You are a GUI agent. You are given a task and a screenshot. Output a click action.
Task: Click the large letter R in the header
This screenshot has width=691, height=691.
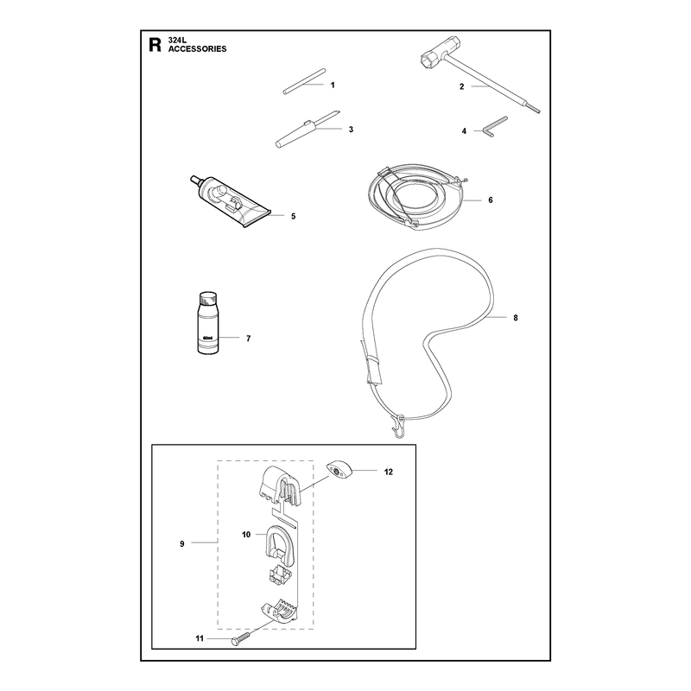[x=155, y=45]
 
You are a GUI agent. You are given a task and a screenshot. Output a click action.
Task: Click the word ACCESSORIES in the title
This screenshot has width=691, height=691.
[x=198, y=49]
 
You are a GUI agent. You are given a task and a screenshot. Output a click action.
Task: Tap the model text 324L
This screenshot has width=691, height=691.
[x=178, y=40]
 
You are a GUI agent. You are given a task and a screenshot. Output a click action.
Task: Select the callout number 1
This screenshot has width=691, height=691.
[x=333, y=85]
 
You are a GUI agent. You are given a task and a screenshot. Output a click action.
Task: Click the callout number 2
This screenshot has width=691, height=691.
[x=462, y=86]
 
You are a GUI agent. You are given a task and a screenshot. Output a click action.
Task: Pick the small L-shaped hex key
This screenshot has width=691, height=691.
[x=496, y=126]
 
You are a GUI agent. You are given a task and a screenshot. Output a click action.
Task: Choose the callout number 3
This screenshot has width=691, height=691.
[x=351, y=130]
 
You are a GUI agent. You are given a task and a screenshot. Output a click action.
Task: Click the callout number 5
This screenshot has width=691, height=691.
[x=294, y=217]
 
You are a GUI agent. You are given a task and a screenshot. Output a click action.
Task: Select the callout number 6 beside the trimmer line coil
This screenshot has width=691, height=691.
[x=491, y=200]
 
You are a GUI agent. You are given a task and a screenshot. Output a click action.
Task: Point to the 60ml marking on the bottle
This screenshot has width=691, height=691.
[x=207, y=338]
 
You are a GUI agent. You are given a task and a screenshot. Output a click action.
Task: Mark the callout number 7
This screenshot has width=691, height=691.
[x=249, y=339]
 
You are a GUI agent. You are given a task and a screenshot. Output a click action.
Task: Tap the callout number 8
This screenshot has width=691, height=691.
[x=516, y=318]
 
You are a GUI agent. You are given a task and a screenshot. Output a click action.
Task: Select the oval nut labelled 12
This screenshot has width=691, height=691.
[x=339, y=471]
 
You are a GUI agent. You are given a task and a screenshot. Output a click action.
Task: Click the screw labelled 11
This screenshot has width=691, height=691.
[x=240, y=638]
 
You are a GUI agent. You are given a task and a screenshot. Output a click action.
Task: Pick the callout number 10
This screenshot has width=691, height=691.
[x=246, y=535]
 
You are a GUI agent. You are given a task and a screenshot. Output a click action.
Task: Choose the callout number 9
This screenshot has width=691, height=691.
[x=182, y=544]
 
